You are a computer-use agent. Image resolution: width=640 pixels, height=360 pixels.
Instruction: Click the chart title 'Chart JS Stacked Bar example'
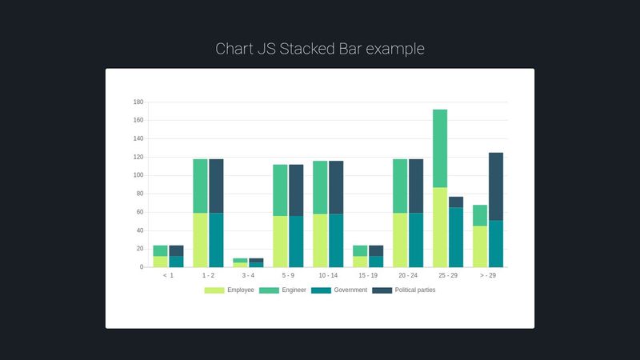pos(320,49)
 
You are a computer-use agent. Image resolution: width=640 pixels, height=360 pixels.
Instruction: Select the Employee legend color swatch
pos(214,290)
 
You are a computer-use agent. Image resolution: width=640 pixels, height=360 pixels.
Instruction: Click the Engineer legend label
pos(294,290)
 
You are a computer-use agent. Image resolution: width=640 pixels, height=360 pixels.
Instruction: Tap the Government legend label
pos(350,290)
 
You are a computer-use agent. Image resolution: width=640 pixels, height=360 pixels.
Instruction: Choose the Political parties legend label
pos(415,290)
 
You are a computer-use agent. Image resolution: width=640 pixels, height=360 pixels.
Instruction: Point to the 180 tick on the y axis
pos(138,102)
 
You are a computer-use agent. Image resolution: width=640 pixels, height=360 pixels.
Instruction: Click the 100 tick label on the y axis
pos(138,175)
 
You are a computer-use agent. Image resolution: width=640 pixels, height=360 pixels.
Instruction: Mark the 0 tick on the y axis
pos(141,267)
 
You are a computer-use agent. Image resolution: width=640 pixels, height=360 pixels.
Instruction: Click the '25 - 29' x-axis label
pos(448,275)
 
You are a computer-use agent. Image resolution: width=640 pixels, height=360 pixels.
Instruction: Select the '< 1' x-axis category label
pos(168,275)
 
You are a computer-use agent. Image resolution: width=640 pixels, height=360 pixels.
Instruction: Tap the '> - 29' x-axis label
pos(488,275)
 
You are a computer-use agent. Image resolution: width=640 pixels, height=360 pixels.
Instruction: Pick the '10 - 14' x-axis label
pos(328,275)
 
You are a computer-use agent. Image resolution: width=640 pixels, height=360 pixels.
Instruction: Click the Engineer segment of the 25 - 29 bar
pos(440,148)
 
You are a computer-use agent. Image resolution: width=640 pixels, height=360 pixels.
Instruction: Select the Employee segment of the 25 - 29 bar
pos(440,227)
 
